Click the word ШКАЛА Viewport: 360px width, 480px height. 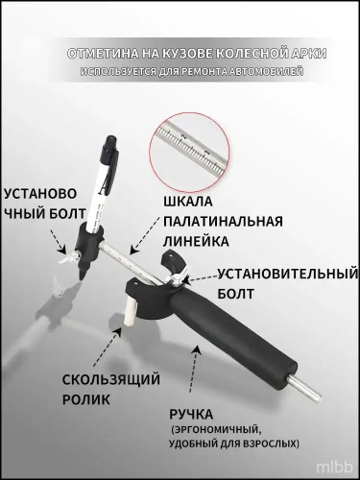coord(188,202)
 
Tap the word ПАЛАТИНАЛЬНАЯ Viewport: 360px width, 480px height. coord(223,221)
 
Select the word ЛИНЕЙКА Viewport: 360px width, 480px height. coord(196,241)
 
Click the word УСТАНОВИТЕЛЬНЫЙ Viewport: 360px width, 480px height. coord(287,274)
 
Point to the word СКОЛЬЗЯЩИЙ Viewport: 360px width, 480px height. coord(111,380)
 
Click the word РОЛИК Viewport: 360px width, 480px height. coord(86,399)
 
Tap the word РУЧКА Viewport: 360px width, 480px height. coord(191,415)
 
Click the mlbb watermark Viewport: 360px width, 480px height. coord(334,468)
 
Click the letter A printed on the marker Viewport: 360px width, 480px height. coord(103,188)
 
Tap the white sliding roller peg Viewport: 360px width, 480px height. coord(131,311)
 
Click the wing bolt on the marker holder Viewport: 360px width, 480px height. coord(69,256)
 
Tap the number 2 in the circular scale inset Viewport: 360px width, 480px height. coord(183,136)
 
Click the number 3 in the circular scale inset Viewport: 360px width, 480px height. coord(207,152)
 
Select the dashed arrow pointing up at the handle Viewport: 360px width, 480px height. coord(194,370)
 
